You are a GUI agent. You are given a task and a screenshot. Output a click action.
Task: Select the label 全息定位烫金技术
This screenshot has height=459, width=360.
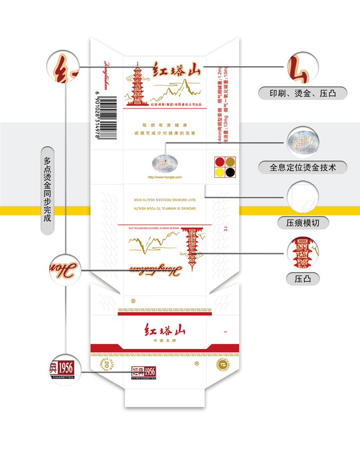tap(303, 168)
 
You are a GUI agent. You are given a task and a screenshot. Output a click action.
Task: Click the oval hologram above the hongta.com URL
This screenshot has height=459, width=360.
tap(165, 162)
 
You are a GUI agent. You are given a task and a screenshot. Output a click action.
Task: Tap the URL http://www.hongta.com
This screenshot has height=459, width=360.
tap(164, 177)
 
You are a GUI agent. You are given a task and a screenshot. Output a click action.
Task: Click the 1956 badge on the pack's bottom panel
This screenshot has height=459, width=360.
tap(143, 372)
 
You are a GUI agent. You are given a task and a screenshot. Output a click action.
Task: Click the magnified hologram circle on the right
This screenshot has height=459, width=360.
tap(302, 140)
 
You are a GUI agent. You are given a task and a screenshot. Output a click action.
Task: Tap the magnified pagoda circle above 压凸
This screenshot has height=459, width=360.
tap(303, 253)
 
